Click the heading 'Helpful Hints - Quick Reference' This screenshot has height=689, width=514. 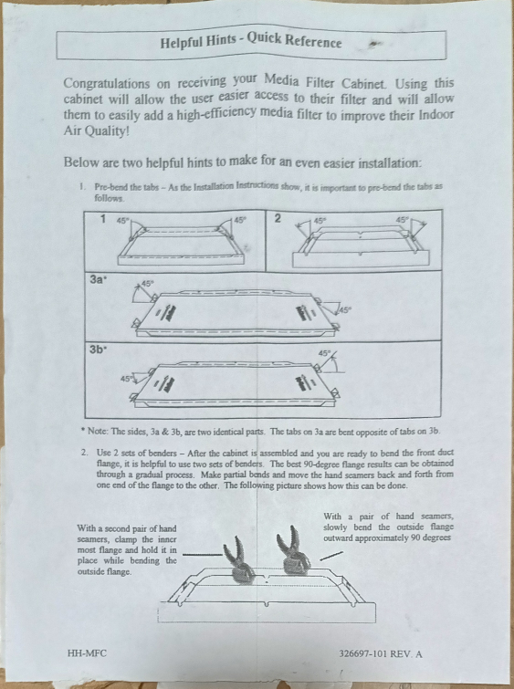coord(250,43)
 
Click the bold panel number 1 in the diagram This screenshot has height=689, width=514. coord(104,219)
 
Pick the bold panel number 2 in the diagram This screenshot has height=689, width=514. coord(278,219)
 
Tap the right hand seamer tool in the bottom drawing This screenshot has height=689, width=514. coord(294,551)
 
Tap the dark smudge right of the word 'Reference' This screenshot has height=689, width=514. coord(372,42)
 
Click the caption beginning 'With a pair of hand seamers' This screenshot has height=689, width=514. coord(388,527)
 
